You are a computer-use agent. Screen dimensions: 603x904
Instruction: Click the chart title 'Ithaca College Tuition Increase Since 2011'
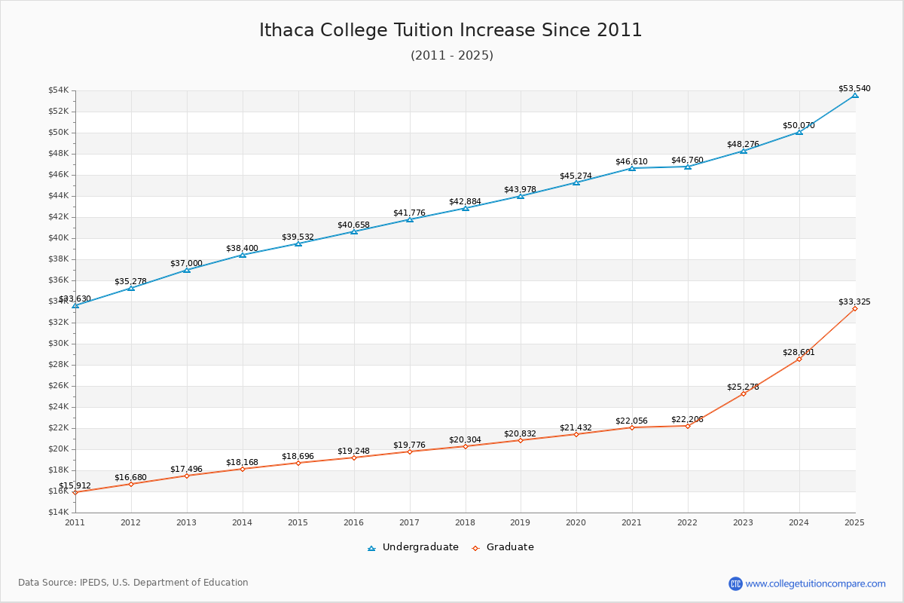[x=450, y=30]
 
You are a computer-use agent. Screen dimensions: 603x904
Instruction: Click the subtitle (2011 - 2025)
[x=451, y=56]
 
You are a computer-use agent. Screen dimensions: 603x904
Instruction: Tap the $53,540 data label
[x=854, y=88]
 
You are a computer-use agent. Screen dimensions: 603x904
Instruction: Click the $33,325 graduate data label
[x=854, y=301]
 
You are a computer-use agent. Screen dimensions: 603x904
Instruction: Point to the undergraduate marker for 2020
[x=576, y=182]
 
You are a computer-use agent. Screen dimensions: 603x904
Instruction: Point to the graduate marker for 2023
[x=744, y=393]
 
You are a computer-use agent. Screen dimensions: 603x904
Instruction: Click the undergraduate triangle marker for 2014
[x=243, y=255]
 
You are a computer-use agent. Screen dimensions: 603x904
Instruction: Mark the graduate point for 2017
[x=410, y=451]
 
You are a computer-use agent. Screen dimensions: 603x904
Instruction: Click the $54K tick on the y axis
[x=58, y=90]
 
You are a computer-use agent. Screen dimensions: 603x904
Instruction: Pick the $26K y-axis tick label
[x=58, y=386]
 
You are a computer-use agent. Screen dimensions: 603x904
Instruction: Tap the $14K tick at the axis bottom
[x=58, y=513]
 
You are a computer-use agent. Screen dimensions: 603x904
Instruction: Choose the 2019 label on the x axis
[x=521, y=522]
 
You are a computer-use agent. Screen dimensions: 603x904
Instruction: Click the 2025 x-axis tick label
[x=854, y=522]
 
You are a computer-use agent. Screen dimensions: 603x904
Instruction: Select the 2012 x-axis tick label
[x=131, y=522]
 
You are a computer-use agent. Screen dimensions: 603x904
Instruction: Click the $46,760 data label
[x=687, y=160]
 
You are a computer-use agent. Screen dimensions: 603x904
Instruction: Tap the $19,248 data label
[x=353, y=451]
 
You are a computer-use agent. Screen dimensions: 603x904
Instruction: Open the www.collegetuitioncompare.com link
[x=815, y=583]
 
